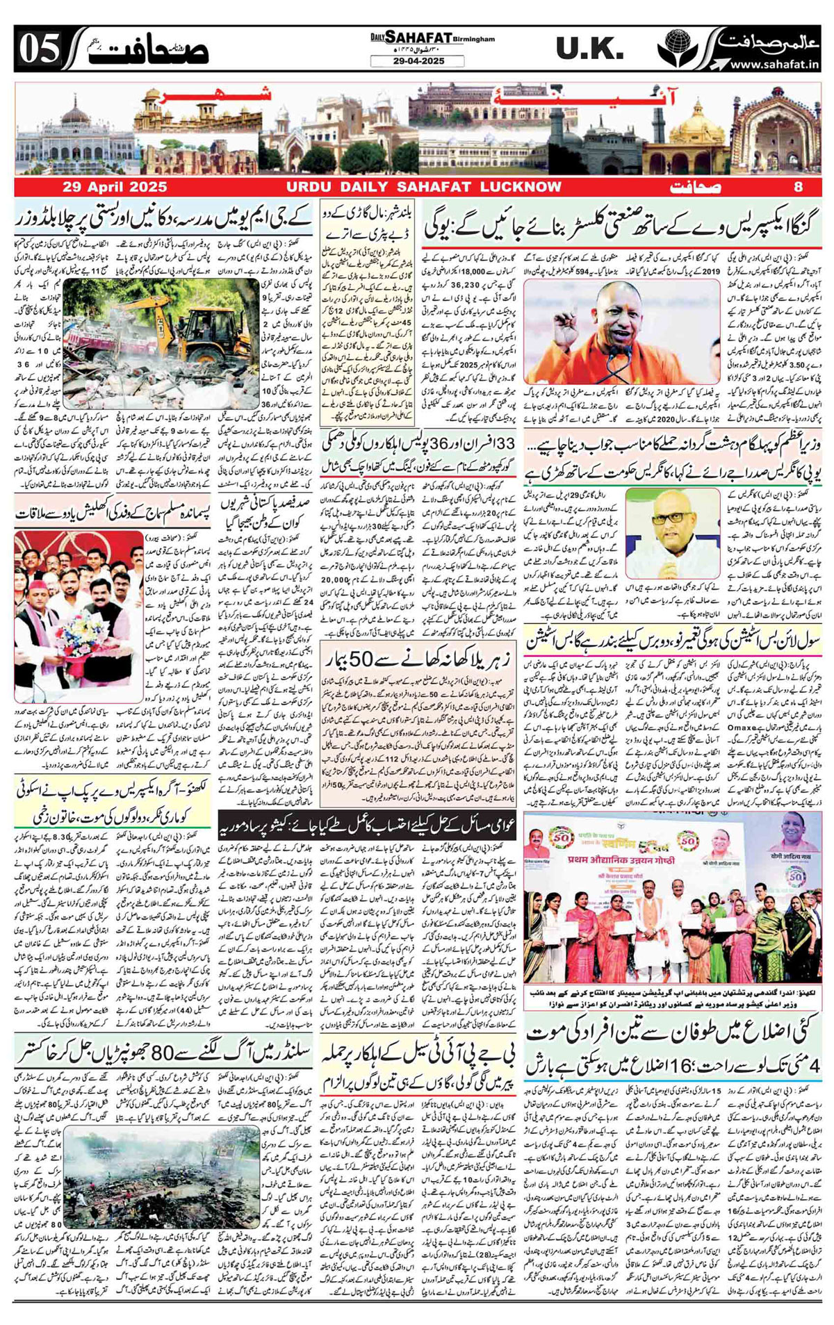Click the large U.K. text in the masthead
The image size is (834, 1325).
click(x=589, y=49)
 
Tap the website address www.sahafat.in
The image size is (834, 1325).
click(x=773, y=65)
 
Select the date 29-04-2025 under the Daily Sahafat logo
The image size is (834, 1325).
click(x=417, y=61)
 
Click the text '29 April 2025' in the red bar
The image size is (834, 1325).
click(x=115, y=187)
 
